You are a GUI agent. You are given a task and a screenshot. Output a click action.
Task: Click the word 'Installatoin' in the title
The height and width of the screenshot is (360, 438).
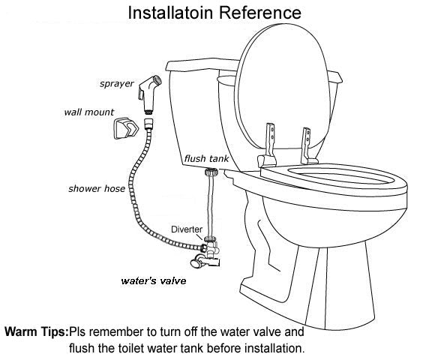coord(171,13)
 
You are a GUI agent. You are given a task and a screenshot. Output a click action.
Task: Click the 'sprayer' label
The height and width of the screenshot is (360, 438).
coord(117,84)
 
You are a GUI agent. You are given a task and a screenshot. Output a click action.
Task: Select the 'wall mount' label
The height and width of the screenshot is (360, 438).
coord(88,112)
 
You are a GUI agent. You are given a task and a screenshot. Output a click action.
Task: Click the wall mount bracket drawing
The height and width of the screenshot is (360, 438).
coord(126,128)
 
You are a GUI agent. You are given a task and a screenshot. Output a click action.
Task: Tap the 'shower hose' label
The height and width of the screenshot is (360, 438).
coord(97,189)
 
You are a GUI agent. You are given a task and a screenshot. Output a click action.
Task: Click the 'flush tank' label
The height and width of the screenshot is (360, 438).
coord(206,159)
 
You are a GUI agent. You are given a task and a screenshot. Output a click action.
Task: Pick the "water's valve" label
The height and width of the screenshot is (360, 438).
coord(154,280)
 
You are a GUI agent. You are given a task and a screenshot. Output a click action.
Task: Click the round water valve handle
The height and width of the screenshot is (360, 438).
coord(196,262)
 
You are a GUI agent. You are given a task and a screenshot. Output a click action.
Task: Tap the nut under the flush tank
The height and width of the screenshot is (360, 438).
coord(211,172)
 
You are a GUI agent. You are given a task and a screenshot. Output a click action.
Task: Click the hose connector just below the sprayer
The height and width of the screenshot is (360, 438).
coord(149,124)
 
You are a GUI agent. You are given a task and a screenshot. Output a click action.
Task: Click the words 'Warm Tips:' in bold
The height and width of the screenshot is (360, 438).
coord(37,331)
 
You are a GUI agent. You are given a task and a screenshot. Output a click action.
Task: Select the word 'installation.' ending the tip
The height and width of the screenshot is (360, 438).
coord(274,348)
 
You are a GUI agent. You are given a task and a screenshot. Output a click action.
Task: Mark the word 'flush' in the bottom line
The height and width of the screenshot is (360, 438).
coord(80,348)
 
